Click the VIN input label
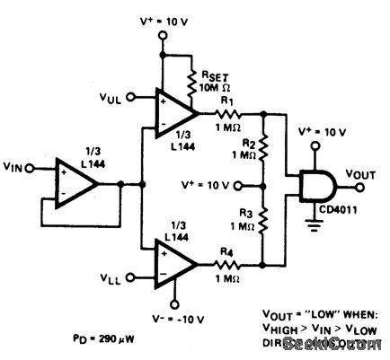tap(17, 166)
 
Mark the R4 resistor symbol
tap(231, 265)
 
